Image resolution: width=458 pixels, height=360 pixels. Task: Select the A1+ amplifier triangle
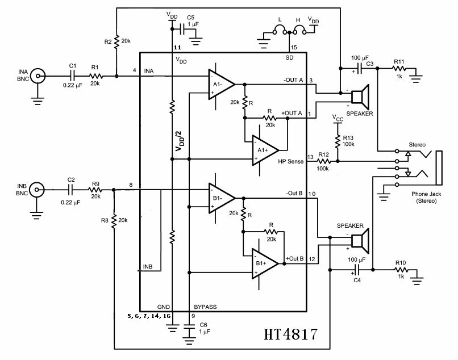pos(265,150)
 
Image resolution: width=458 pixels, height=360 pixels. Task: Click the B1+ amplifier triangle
pos(265,264)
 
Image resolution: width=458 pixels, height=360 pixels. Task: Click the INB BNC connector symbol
pos(38,190)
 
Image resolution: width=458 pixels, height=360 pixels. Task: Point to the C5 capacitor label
pos(190,17)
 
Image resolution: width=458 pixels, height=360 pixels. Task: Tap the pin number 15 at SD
pos(293,47)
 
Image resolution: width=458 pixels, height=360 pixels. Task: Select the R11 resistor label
pos(400,61)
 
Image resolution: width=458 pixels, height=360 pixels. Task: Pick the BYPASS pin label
pos(205,307)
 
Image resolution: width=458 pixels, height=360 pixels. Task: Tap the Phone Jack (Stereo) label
pos(427,197)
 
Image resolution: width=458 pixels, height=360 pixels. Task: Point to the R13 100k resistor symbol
pos(339,140)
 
